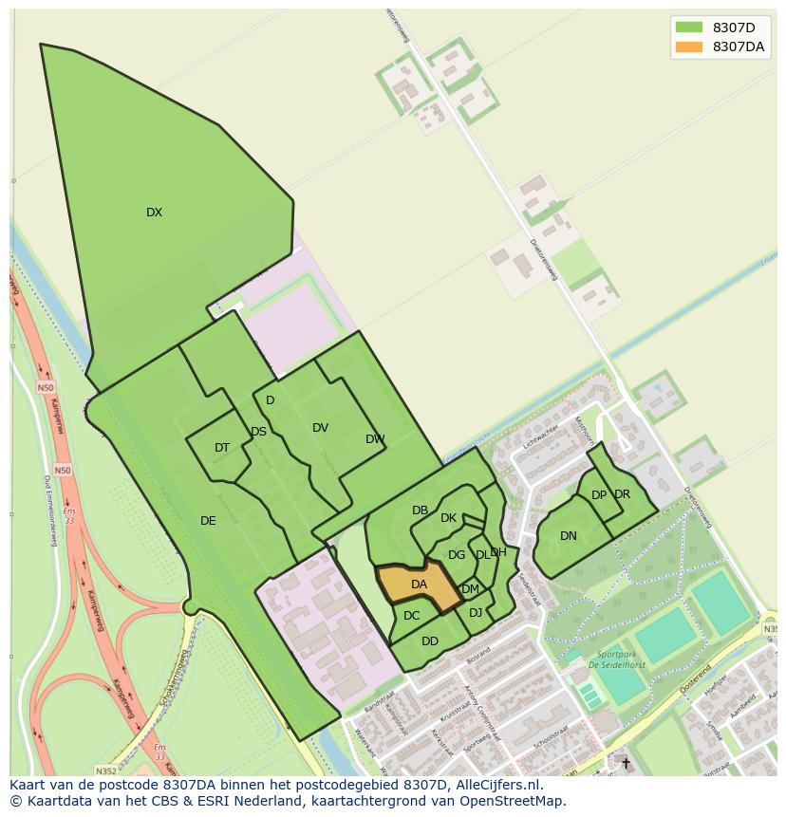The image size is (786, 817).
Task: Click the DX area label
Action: click(154, 213)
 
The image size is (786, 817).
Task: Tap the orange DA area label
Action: click(419, 585)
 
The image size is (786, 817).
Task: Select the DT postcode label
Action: click(222, 448)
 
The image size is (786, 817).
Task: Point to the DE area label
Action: click(208, 521)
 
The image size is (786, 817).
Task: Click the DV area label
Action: click(320, 428)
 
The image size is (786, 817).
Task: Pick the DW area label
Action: click(375, 439)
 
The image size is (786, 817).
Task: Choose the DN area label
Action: click(568, 536)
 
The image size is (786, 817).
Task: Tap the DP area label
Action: click(598, 495)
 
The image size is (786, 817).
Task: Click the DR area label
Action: click(622, 494)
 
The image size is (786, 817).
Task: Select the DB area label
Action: click(420, 511)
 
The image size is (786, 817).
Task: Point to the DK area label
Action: click(448, 518)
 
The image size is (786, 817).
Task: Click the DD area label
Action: click(430, 641)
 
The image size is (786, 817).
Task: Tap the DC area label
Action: click(411, 616)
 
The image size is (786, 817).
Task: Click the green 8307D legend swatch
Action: click(688, 27)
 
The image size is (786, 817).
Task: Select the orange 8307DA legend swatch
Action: click(688, 46)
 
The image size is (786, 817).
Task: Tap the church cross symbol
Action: click(625, 762)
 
